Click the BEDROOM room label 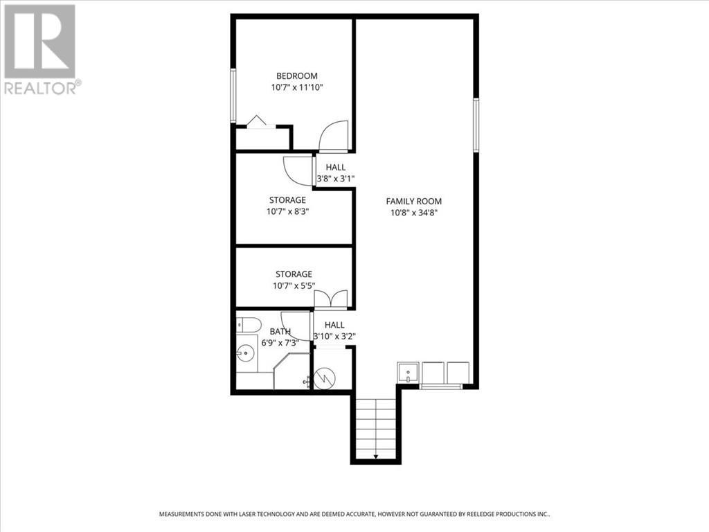(x=296, y=76)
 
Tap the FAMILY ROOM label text (x=413, y=202)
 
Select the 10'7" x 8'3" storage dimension (x=287, y=212)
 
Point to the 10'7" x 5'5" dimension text (x=294, y=286)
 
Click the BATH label (x=280, y=332)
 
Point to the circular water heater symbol (x=323, y=378)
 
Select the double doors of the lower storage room (x=330, y=299)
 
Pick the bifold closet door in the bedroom (x=257, y=122)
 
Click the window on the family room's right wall (x=476, y=125)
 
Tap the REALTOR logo (x=41, y=48)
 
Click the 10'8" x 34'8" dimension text (x=413, y=213)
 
